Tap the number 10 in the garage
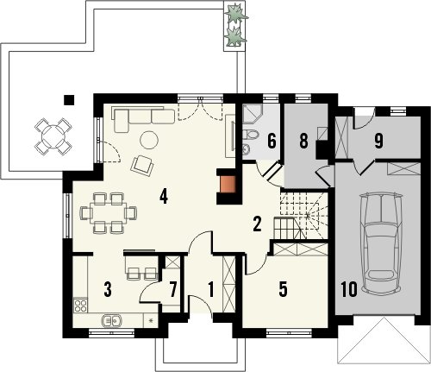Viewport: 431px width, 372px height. coord(349,289)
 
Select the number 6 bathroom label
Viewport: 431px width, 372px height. coord(272,142)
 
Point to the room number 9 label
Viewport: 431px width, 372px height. coord(378,142)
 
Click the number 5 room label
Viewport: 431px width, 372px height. coord(283,289)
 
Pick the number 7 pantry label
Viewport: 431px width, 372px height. coord(172,289)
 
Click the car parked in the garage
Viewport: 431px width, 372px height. coord(382,243)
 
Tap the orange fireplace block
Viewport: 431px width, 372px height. coord(228,184)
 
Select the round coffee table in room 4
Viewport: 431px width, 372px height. coord(149,140)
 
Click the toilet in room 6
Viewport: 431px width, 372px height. coord(250,135)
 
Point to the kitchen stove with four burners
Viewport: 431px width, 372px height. coord(80,306)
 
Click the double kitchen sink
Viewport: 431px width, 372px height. coord(112,320)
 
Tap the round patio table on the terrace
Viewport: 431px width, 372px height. coord(53,136)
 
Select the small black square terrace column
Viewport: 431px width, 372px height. coord(69,100)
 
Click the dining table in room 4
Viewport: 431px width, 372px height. coord(108,212)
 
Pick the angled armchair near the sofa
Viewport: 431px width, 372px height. coord(142,165)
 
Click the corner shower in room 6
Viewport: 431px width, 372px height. coord(252,113)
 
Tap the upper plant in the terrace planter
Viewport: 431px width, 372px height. coord(235,14)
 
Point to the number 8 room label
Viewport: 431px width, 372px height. coord(303,142)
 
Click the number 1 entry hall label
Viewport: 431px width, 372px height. coord(211,289)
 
